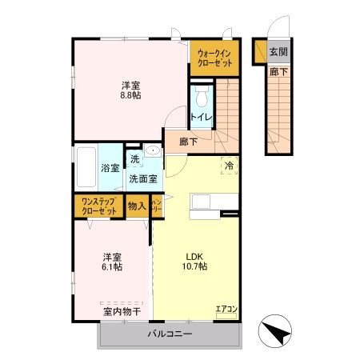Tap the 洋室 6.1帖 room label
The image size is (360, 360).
point(112,261)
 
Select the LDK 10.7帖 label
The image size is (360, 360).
point(195,261)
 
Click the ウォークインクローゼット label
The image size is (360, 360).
point(214,58)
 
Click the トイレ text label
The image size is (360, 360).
point(201,118)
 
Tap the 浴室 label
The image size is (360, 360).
point(110,168)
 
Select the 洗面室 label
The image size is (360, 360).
point(144,179)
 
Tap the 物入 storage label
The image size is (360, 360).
point(137,206)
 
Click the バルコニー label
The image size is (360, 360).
point(170,334)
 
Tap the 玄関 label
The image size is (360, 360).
point(278,53)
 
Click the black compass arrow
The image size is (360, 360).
point(274,332)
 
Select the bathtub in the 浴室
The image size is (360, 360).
point(86,168)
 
